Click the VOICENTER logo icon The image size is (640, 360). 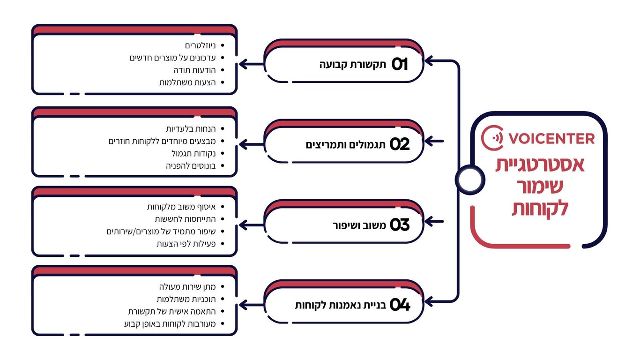pos(492,138)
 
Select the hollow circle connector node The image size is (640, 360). pos(469,179)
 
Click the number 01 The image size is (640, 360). pos(400,65)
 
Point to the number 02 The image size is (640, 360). pos(400,144)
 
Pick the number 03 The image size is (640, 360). pos(400,225)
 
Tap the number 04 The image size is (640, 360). pos(400,306)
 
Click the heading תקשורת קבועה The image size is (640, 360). pos(352,65)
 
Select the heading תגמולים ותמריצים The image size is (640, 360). pos(346,144)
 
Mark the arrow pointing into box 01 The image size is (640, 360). pos(433,60)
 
